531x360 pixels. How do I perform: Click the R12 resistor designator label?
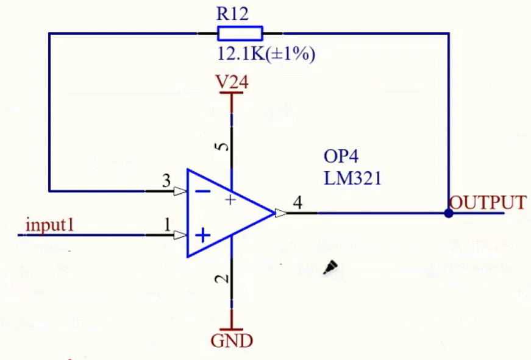tap(232, 14)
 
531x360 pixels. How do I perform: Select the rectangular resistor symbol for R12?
tap(240, 34)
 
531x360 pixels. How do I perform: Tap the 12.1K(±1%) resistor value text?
tap(266, 54)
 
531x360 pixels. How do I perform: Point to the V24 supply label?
tap(232, 82)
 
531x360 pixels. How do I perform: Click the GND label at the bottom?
tap(232, 341)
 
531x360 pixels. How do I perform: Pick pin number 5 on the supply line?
tap(223, 147)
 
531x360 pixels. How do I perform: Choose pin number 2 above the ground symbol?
tap(223, 279)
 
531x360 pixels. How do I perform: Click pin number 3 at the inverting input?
tap(166, 180)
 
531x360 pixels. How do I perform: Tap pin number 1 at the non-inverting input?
tap(167, 224)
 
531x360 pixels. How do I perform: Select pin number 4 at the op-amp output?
tap(298, 203)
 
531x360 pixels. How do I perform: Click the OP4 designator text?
tap(341, 157)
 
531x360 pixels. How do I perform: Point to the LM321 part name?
tap(352, 178)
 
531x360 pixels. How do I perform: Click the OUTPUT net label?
tap(488, 203)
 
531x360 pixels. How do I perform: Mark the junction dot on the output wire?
tap(449, 213)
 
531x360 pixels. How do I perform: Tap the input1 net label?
tap(50, 225)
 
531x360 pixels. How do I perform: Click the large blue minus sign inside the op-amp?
tap(203, 191)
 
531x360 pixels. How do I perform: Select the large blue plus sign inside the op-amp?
tap(203, 235)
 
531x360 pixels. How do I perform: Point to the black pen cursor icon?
tap(330, 267)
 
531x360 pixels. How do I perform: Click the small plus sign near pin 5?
tap(230, 200)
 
